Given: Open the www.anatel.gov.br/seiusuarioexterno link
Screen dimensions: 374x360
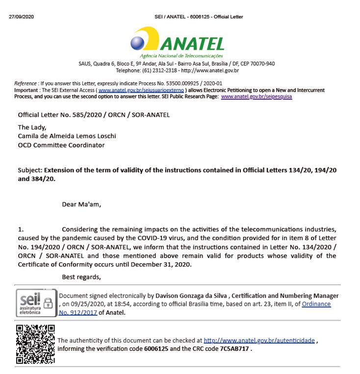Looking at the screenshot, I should point(141,90).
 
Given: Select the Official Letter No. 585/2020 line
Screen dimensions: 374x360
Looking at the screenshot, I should point(94,115).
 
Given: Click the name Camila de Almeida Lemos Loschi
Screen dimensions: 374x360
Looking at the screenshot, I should point(67,136).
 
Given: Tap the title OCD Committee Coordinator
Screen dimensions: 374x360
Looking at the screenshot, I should point(61,145).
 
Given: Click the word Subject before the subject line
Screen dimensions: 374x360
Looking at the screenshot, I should point(29,170).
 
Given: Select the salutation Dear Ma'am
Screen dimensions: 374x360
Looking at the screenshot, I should point(81,204).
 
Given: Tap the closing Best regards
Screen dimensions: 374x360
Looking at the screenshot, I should point(81,277).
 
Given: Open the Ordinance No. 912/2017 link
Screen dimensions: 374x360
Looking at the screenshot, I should point(316,308).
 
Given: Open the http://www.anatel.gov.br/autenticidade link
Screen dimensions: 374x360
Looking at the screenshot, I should point(259,340).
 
